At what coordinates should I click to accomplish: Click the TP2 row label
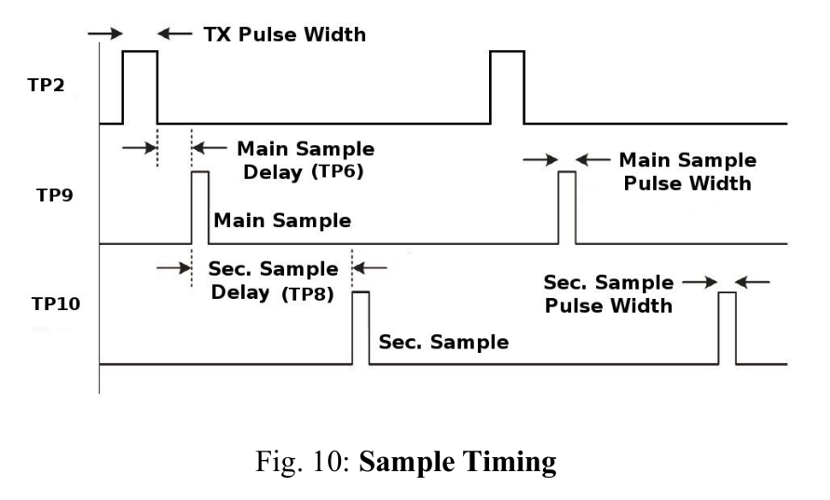pos(46,85)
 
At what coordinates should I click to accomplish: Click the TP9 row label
pos(55,196)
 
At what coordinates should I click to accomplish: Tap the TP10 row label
pos(56,304)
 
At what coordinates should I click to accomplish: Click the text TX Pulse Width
pos(285,34)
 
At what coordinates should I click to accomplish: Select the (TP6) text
pos(337,172)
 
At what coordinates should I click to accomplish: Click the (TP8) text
pos(307,293)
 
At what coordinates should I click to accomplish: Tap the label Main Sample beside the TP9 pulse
pos(282,220)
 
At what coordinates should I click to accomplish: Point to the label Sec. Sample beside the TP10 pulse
pos(443,342)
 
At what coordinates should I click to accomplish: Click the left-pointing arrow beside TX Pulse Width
pos(175,34)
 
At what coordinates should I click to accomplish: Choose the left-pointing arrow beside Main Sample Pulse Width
pos(592,159)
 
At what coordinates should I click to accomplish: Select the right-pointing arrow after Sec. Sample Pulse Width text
pos(700,282)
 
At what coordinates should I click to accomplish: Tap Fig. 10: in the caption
pos(304,462)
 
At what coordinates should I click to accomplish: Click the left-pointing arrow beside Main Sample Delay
pos(210,148)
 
